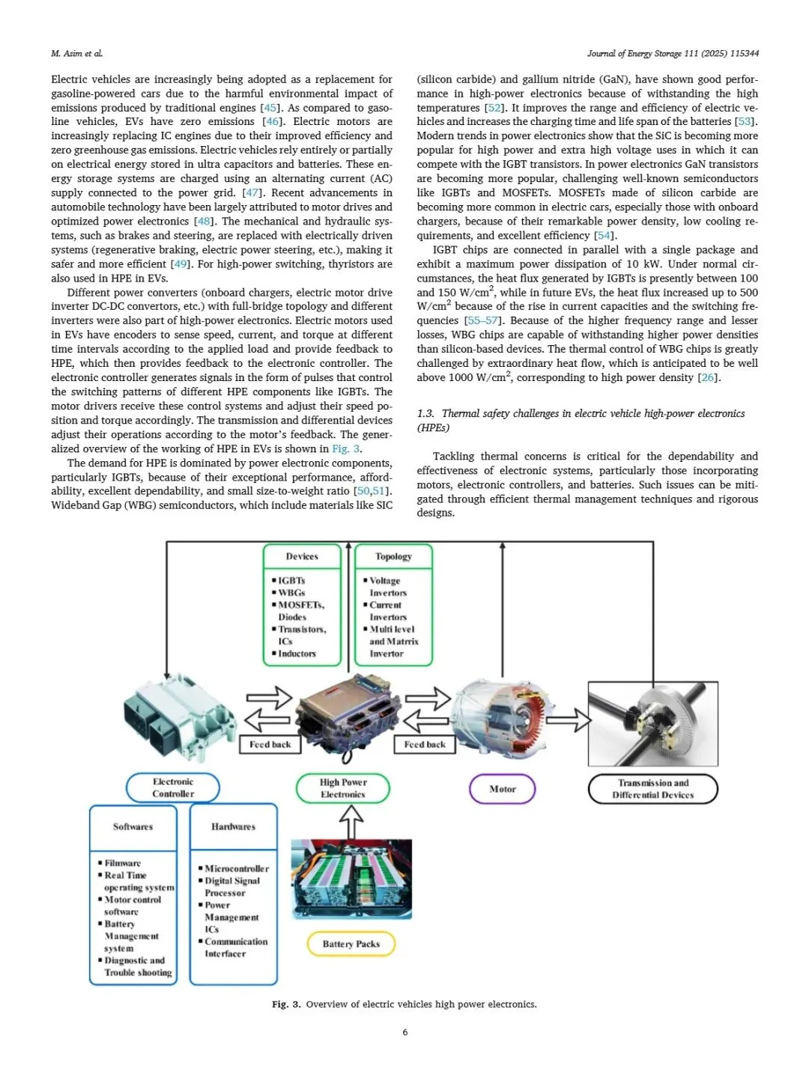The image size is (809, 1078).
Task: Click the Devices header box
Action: pyautogui.click(x=302, y=556)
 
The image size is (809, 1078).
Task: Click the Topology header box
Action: pyautogui.click(x=393, y=556)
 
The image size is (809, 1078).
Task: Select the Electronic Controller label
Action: pyautogui.click(x=173, y=788)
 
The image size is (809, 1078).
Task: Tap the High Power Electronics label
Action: pyautogui.click(x=343, y=788)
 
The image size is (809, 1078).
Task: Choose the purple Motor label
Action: pyautogui.click(x=503, y=789)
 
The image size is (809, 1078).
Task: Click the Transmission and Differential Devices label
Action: pyautogui.click(x=652, y=789)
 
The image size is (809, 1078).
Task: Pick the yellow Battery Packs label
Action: pyautogui.click(x=351, y=944)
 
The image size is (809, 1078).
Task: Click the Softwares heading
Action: pyautogui.click(x=133, y=826)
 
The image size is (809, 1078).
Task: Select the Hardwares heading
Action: pyautogui.click(x=233, y=826)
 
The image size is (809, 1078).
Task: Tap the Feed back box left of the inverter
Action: pyautogui.click(x=270, y=744)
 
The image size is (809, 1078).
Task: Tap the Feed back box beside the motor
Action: pyautogui.click(x=425, y=744)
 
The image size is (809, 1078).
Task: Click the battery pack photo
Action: pyautogui.click(x=351, y=878)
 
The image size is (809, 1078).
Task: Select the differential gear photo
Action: pyautogui.click(x=653, y=723)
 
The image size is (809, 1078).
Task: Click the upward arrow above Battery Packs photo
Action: pyautogui.click(x=351, y=823)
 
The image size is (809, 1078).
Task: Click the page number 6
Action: pyautogui.click(x=405, y=1032)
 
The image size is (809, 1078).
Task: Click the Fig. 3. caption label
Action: pyautogui.click(x=286, y=1004)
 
